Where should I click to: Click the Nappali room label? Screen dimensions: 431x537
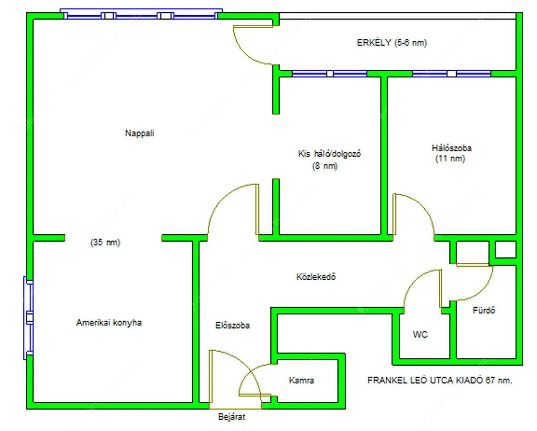(140, 133)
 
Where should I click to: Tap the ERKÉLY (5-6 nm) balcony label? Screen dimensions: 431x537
(392, 43)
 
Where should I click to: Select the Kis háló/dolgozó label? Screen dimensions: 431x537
(329, 154)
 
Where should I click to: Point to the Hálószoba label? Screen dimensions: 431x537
(451, 148)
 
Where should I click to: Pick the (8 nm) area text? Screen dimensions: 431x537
(324, 166)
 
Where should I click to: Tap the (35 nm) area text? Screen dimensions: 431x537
(106, 243)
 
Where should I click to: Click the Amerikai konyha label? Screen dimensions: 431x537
(109, 322)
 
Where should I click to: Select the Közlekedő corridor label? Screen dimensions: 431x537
(316, 277)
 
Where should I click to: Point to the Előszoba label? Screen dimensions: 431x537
(232, 325)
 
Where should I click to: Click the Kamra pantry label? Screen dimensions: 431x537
(301, 381)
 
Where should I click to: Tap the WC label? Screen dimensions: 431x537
(420, 334)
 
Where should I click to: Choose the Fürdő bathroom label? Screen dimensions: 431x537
(484, 310)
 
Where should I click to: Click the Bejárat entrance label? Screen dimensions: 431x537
(232, 417)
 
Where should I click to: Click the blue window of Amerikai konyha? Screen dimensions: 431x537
(29, 318)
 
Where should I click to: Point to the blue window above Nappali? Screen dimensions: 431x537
(141, 15)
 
